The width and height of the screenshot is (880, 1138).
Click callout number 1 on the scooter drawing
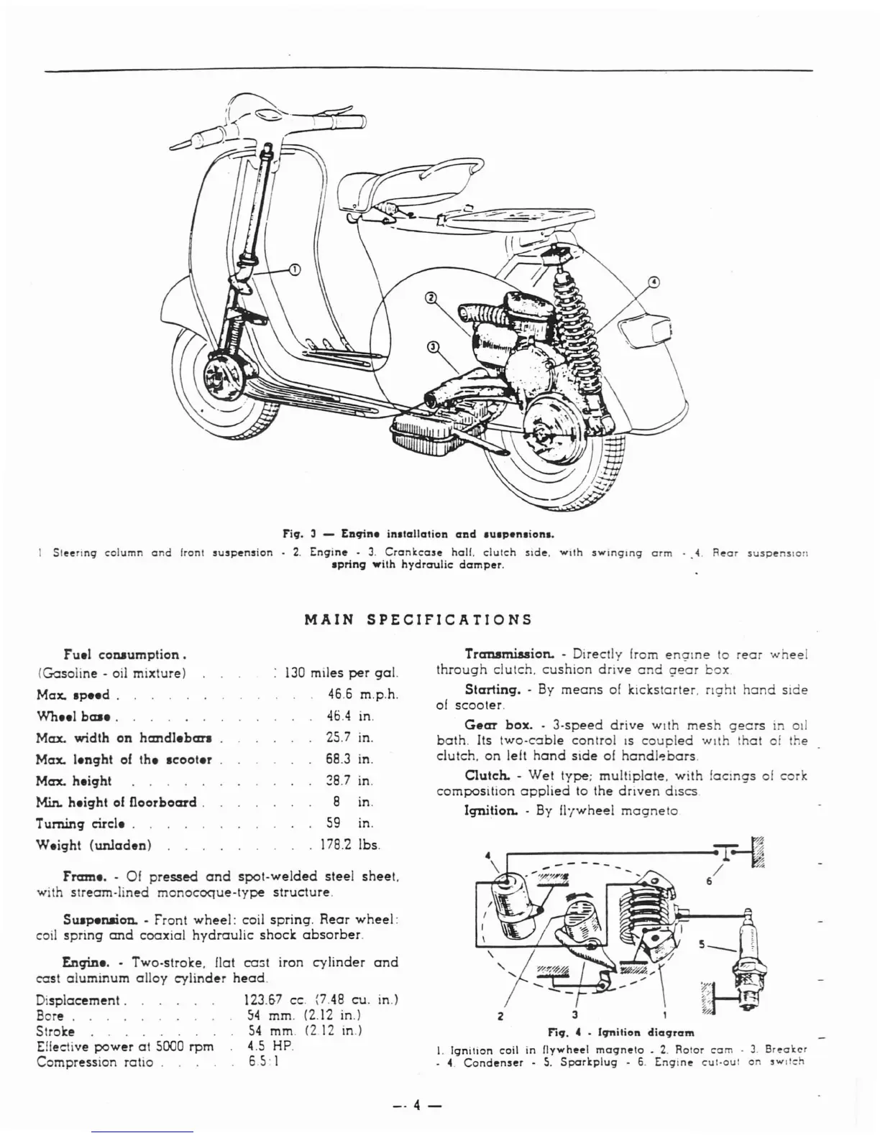pyautogui.click(x=293, y=269)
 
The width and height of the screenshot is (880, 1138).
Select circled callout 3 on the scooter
pyautogui.click(x=433, y=347)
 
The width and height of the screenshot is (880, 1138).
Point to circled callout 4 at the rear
pyautogui.click(x=653, y=282)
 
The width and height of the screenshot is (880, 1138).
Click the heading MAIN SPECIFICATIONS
pyautogui.click(x=418, y=619)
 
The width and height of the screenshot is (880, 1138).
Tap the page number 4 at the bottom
pyautogui.click(x=416, y=1106)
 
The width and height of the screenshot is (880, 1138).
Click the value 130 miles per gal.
pyautogui.click(x=341, y=674)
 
